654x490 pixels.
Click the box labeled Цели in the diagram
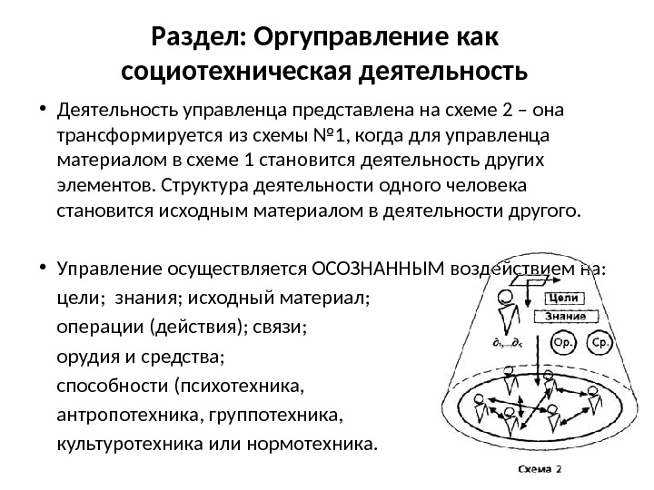(x=565, y=299)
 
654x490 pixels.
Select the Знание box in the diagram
(x=565, y=317)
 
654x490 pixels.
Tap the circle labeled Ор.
(x=564, y=344)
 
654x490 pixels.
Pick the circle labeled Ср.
(x=599, y=344)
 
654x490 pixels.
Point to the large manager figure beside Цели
(x=505, y=314)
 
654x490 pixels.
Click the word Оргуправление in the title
(x=346, y=39)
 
